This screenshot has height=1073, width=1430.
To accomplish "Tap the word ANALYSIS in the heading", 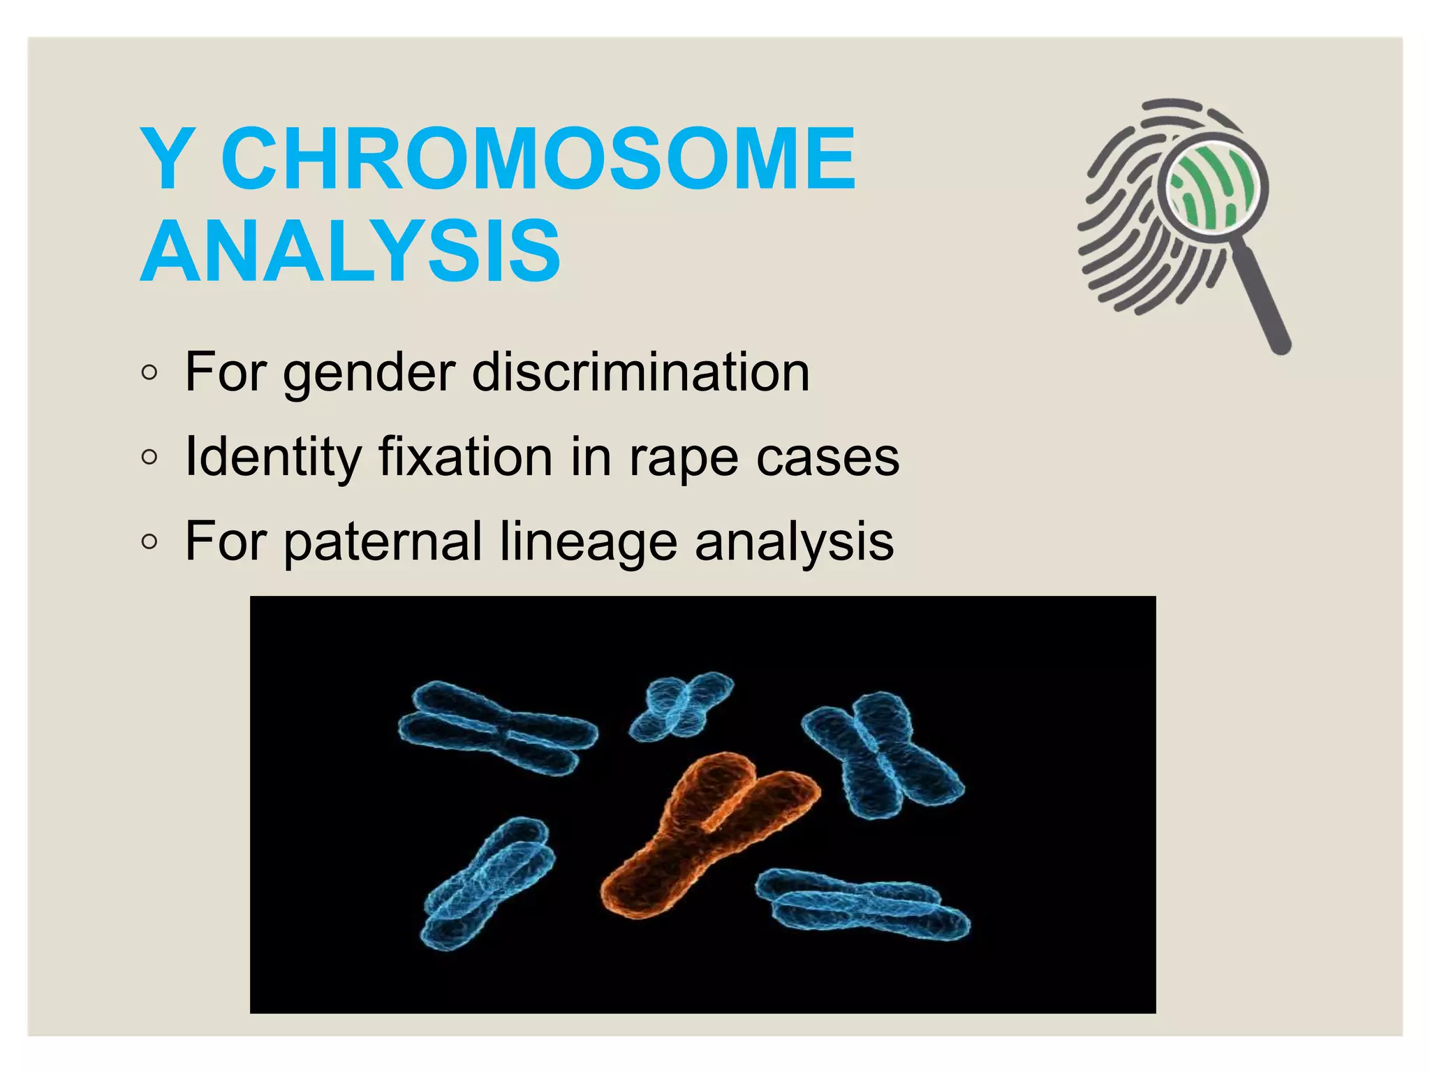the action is pyautogui.click(x=351, y=251).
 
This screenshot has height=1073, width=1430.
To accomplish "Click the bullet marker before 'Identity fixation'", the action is pyautogui.click(x=149, y=458).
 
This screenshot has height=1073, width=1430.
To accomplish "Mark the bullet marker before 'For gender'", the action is pyautogui.click(x=149, y=373).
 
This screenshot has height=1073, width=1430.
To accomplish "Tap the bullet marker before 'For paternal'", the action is pyautogui.click(x=149, y=542).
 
